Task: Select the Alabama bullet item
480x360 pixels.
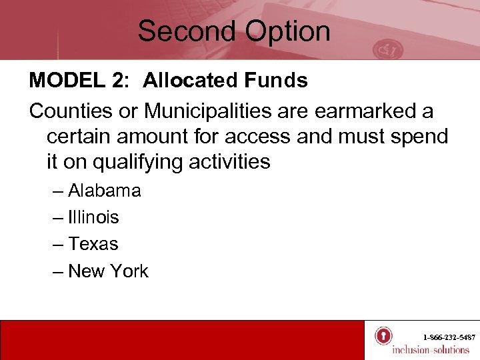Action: [x=104, y=191]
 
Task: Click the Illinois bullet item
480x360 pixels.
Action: [x=93, y=217]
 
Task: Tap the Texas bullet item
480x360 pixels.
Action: [x=93, y=244]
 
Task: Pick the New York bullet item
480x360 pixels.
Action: [x=108, y=271]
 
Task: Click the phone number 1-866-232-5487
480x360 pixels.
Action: [x=449, y=338]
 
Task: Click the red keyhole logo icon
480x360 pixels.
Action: [x=383, y=335]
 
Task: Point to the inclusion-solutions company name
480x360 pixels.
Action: [x=431, y=350]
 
